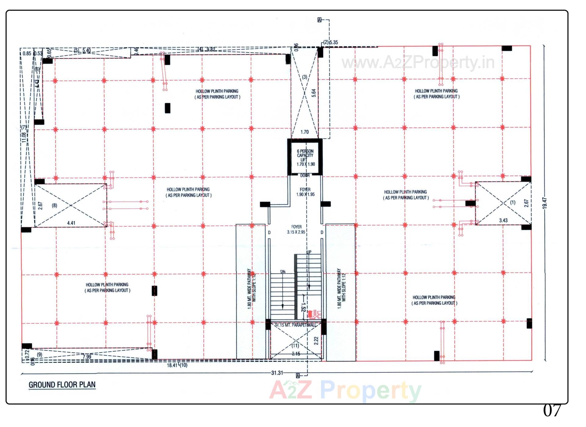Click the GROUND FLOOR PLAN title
coord(62,385)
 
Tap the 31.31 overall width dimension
coord(277,373)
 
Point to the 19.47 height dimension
coord(545,203)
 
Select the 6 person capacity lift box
coord(305,157)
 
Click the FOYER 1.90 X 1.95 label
coord(305,192)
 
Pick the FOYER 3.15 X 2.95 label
coord(296,229)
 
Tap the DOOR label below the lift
coord(305,175)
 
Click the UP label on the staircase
coord(309,252)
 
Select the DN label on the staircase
coord(283,271)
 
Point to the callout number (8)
coord(54,205)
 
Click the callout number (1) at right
coord(513,202)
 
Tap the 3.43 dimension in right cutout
coord(503,220)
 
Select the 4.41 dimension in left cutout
coord(71,223)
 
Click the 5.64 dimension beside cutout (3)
coord(313,93)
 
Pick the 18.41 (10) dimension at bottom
coord(177,365)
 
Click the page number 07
coord(552,411)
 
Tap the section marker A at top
coord(320,20)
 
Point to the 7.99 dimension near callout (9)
coord(87,357)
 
